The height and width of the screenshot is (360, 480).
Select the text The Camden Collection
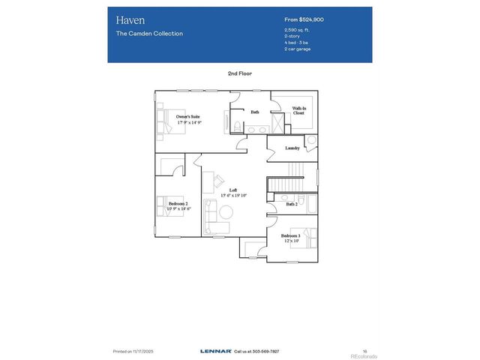pos(149,34)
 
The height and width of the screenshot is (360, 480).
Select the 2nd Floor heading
pos(240,73)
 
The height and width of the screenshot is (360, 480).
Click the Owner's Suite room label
pos(188,117)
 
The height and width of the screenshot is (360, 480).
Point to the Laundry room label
pos(293,148)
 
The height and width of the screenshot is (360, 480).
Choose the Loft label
pos(233,190)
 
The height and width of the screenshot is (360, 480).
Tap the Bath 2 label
pos(292,204)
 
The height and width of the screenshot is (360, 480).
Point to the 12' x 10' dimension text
pos(292,241)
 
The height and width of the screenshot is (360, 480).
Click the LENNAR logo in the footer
pos(215,350)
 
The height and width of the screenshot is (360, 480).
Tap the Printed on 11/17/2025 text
pos(133,350)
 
